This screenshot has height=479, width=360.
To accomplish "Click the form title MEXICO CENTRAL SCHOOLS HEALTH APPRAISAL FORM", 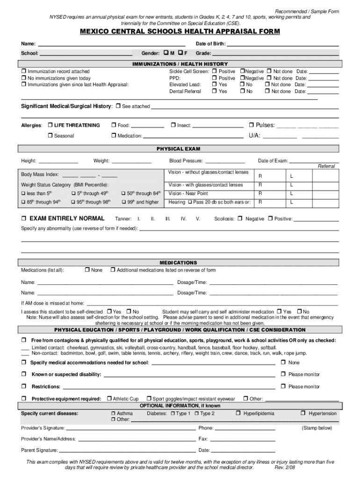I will point(180,31).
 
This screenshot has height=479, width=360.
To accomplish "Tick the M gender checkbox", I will point(166,53).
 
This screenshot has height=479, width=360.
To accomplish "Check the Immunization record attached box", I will point(24,72).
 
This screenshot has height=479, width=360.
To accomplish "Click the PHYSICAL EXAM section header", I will point(178,149).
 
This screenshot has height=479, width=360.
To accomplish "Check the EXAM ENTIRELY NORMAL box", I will point(24,218).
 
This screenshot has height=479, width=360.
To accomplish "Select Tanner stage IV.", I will point(184,219).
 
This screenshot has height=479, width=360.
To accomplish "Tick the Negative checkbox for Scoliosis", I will point(240,218).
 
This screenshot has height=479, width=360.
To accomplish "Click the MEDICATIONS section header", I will point(178,263).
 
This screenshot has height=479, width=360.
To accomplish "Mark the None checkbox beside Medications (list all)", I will point(87,270).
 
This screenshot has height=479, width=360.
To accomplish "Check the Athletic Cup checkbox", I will point(108,399).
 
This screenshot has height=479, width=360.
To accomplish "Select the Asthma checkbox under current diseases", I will point(113,414).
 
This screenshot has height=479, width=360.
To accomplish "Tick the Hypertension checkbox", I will point(303,414).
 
